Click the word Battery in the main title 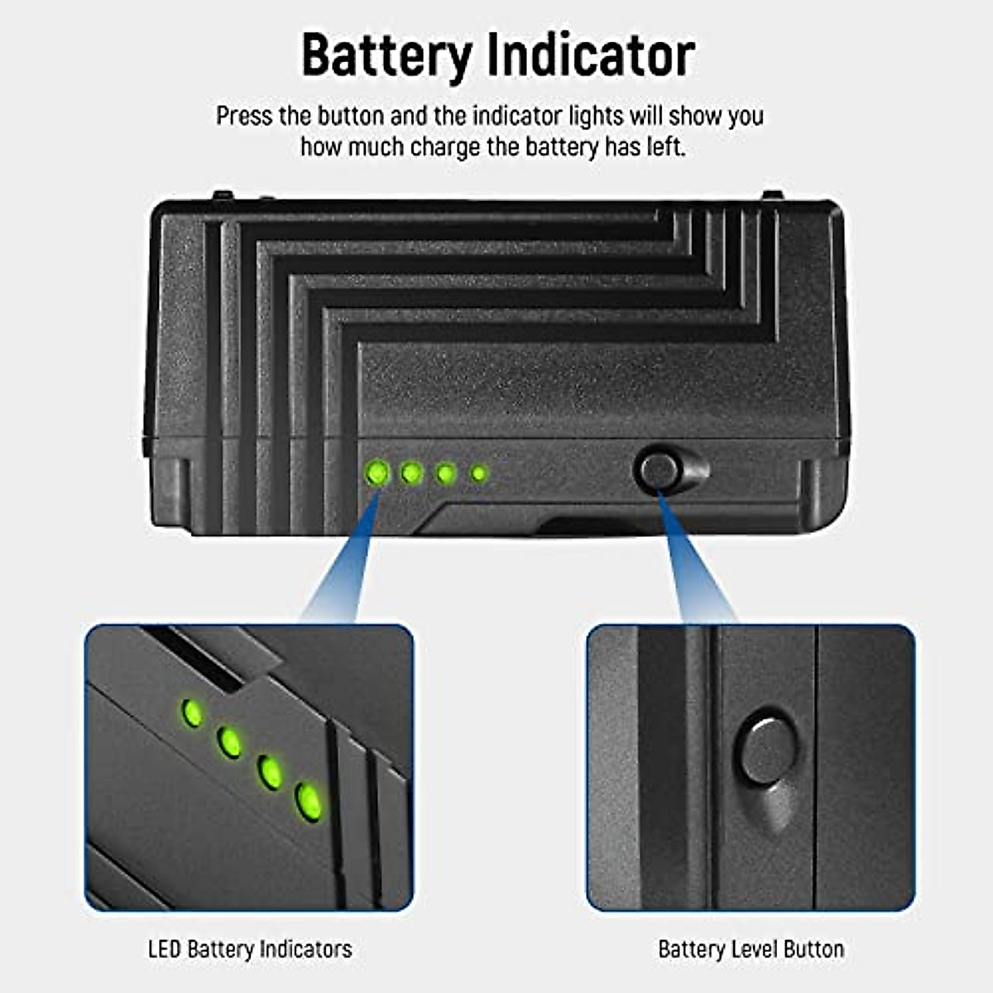coord(386,56)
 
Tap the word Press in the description coord(245,116)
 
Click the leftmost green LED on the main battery coord(377,473)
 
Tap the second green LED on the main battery coord(412,473)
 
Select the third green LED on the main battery coord(446,474)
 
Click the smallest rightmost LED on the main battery coord(478,474)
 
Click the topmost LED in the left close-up coord(192,712)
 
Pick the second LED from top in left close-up coord(230,741)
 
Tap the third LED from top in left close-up coord(270,771)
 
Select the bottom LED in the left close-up coord(308,801)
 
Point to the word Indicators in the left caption coord(305,949)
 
